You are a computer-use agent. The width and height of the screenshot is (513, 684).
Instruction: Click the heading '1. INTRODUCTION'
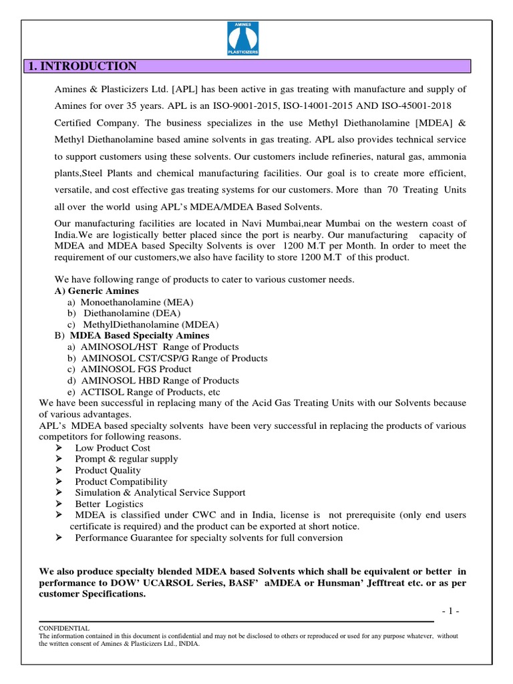[81, 66]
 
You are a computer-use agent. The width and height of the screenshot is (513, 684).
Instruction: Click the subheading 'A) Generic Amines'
[96, 291]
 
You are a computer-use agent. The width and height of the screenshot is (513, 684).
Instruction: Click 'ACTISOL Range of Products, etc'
[150, 392]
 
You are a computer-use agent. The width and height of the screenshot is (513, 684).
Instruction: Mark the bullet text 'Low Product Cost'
[112, 448]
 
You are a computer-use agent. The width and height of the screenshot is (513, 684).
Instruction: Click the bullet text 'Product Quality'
[108, 470]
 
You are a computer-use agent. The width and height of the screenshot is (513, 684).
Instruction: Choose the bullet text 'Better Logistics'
[109, 504]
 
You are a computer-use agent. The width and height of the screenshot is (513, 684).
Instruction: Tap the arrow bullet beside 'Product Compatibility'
[59, 482]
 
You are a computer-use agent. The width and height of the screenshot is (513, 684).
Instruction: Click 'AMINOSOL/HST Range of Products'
[159, 347]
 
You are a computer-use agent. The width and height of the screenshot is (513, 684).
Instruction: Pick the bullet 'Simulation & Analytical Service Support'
[160, 493]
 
